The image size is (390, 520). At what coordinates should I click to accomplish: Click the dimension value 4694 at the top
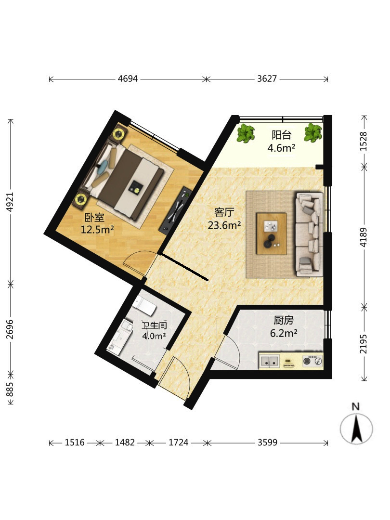pos(128,79)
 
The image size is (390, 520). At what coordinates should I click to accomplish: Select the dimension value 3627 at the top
pos(267,79)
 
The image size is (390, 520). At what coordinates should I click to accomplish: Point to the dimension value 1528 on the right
pos(364,142)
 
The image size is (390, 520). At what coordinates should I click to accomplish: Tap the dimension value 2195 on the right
pos(364,344)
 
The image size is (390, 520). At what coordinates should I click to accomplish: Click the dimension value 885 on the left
pos(10,390)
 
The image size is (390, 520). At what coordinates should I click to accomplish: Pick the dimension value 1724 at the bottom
pos(179,442)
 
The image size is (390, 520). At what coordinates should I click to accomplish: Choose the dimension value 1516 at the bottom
pos(75,442)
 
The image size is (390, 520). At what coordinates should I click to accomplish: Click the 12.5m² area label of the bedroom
pos(97,229)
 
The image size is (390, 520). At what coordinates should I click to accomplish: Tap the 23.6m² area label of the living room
pos(224,225)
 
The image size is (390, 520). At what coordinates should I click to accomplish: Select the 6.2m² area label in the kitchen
pos(284,333)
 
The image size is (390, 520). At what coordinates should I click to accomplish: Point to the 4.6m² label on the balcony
pos(281,148)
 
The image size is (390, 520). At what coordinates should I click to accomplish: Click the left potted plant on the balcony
pos(246,133)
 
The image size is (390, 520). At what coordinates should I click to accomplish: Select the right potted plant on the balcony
pos(313,133)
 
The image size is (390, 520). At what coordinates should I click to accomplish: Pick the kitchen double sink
pos(270,361)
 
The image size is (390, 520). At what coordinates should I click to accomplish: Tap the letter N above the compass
pos(356,406)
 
